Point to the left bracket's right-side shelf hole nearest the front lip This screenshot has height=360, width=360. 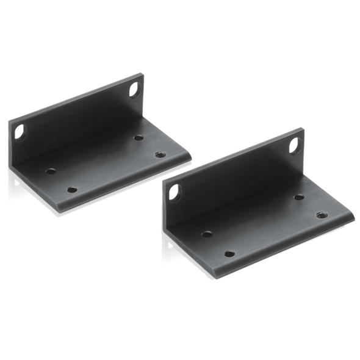point(160,154)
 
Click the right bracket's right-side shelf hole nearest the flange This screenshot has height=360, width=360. point(298,197)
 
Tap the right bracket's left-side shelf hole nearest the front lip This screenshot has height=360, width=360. point(230,251)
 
